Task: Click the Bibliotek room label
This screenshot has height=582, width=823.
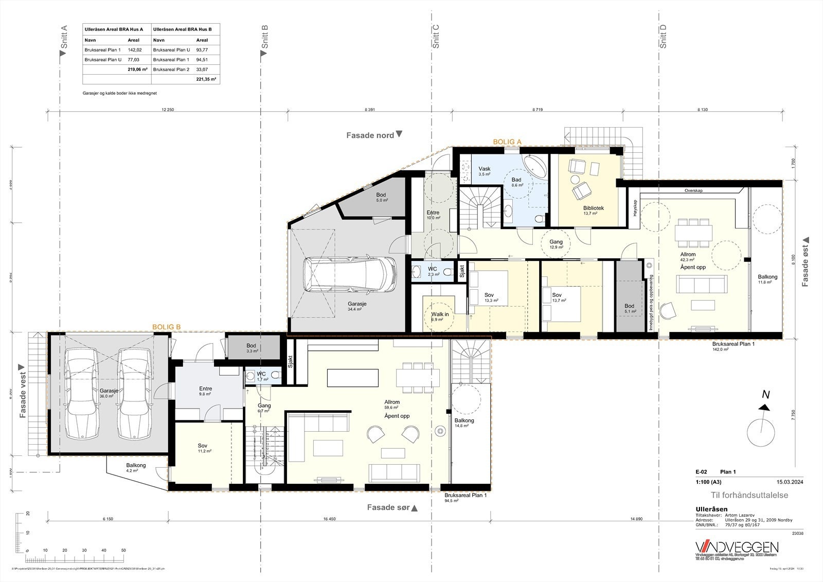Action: pos(593,208)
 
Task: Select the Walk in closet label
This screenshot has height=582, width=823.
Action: pos(440,314)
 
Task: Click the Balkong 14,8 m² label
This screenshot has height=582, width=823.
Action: pos(464,420)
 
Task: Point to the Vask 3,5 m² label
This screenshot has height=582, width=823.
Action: pos(485,169)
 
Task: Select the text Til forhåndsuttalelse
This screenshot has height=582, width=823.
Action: pos(749,495)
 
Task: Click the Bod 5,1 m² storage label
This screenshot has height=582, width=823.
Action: pos(629,306)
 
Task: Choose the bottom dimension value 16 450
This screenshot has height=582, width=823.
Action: pos(329,519)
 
